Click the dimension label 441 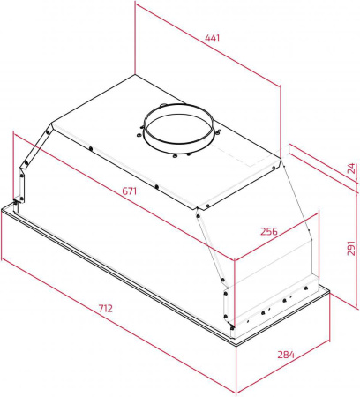[213, 38]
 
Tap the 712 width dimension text [105, 309]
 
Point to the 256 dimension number [269, 231]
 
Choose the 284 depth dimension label [286, 355]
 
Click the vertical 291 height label [351, 248]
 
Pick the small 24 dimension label [351, 169]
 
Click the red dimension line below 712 [118, 326]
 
